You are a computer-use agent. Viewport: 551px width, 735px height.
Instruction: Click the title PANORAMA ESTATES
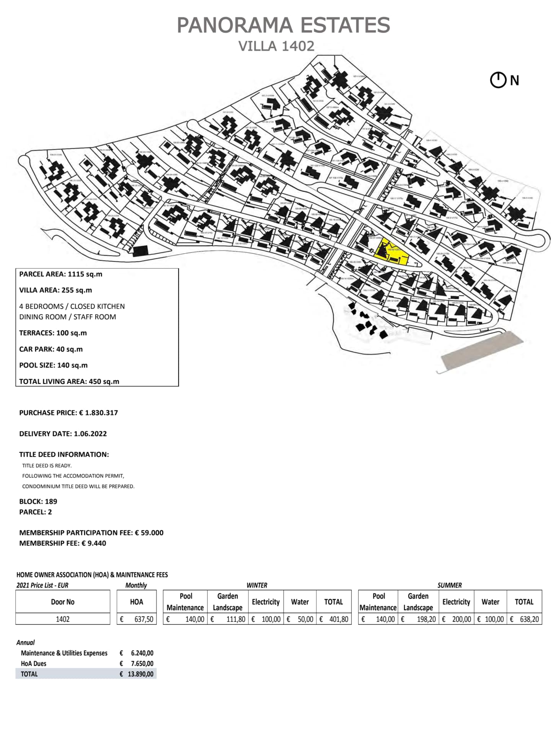pyautogui.click(x=283, y=25)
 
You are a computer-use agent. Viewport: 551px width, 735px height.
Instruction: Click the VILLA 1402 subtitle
pyautogui.click(x=276, y=46)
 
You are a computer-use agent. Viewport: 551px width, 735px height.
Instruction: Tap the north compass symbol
pyautogui.click(x=498, y=80)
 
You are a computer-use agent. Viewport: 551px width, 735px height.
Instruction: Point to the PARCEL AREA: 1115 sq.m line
pyautogui.click(x=60, y=274)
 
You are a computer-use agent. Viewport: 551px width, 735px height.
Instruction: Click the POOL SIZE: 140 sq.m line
pyautogui.click(x=53, y=365)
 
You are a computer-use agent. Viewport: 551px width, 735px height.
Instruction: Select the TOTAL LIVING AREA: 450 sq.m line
pyautogui.click(x=69, y=381)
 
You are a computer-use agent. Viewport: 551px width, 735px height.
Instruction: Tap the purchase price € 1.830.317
pyautogui.click(x=98, y=413)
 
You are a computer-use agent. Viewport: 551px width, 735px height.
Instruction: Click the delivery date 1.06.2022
pyautogui.click(x=90, y=434)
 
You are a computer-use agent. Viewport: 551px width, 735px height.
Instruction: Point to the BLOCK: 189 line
pyautogui.click(x=38, y=501)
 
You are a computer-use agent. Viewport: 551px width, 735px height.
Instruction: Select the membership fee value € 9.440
pyautogui.click(x=94, y=543)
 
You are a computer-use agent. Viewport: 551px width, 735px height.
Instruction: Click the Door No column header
pyautogui.click(x=62, y=602)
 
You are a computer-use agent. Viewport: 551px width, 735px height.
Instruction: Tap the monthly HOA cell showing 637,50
pyautogui.click(x=137, y=619)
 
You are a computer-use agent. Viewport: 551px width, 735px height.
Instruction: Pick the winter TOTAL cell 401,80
pyautogui.click(x=334, y=619)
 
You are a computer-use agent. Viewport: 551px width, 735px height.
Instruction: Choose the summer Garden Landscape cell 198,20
pyautogui.click(x=418, y=619)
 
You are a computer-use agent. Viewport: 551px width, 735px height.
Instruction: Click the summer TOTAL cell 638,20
pyautogui.click(x=524, y=619)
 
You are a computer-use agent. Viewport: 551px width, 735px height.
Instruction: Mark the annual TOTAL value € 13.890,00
pyautogui.click(x=137, y=674)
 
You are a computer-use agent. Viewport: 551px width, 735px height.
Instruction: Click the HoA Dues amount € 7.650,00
pyautogui.click(x=137, y=663)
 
